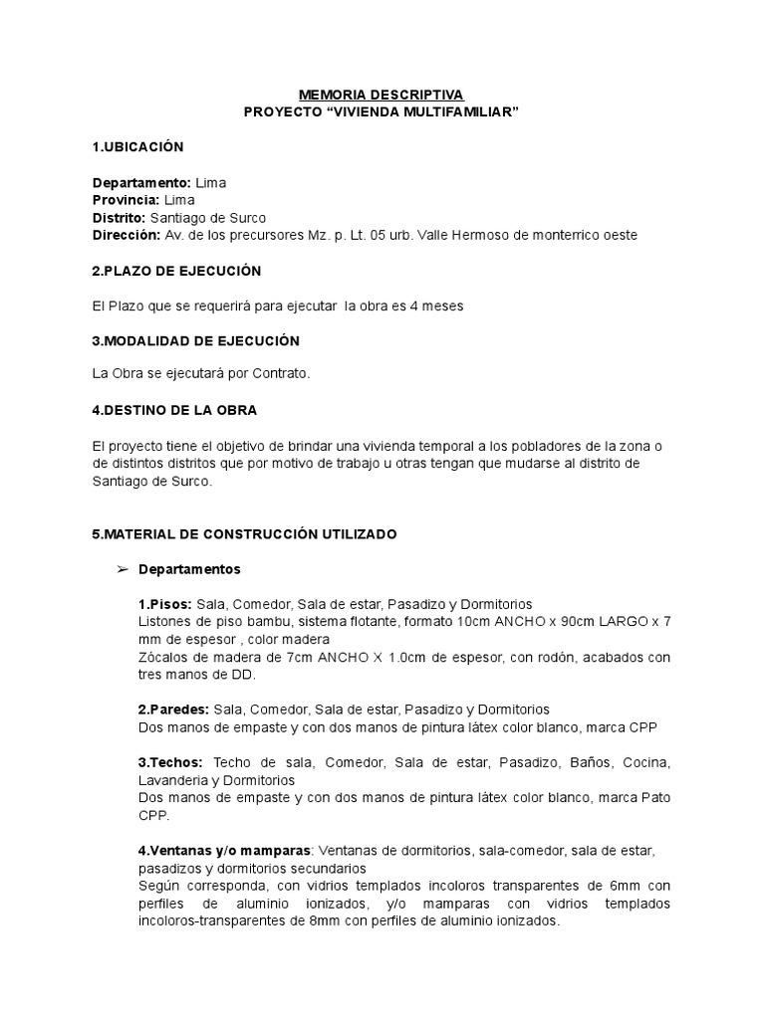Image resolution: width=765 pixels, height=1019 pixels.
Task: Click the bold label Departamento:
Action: [x=141, y=183]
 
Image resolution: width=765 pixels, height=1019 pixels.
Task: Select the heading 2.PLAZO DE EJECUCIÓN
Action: [x=175, y=271]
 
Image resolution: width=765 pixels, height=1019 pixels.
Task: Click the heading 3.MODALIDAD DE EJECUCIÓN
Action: [x=195, y=340]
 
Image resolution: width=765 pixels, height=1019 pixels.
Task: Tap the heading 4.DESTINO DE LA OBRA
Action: [x=173, y=410]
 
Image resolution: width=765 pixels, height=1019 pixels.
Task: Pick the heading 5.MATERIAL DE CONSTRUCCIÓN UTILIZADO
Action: [x=244, y=534]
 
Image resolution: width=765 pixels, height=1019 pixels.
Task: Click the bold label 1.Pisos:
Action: [x=165, y=604]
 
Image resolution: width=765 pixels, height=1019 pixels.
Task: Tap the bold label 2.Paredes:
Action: [x=173, y=710]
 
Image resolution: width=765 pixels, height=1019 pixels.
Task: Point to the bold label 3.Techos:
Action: [x=170, y=762]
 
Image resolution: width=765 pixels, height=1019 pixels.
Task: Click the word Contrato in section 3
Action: [x=282, y=375]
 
